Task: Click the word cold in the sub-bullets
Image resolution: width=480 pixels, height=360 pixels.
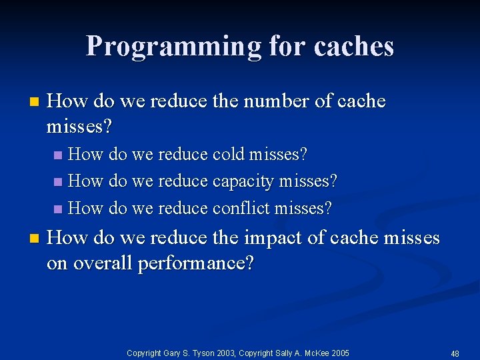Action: [x=228, y=155]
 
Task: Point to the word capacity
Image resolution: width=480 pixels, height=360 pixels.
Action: [x=243, y=181]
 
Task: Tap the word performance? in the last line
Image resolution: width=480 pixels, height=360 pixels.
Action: [x=195, y=263]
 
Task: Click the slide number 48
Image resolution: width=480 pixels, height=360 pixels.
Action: [x=456, y=353]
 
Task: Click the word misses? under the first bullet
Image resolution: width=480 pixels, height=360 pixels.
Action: [x=79, y=126]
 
